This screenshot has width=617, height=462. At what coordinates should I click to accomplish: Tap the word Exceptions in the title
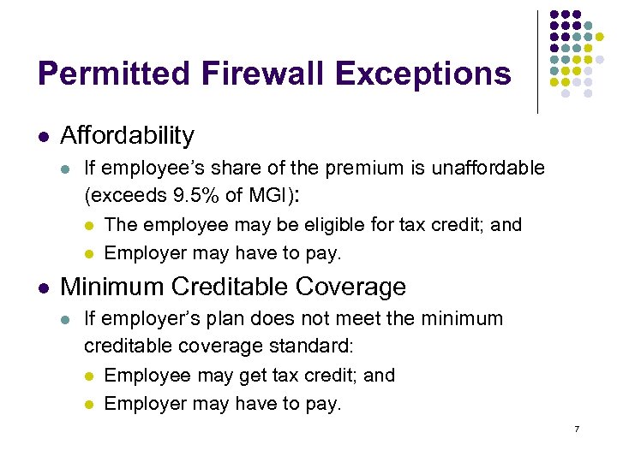(x=423, y=74)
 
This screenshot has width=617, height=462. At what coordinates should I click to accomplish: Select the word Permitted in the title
(x=112, y=74)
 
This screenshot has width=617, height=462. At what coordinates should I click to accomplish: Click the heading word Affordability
(x=128, y=135)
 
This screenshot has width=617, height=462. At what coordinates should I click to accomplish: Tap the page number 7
(x=577, y=429)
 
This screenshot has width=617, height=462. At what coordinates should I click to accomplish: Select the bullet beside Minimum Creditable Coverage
(x=43, y=287)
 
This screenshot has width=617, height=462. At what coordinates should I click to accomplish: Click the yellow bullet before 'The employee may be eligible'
(x=90, y=226)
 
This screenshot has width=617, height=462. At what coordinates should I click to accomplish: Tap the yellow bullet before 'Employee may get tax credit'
(x=90, y=376)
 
